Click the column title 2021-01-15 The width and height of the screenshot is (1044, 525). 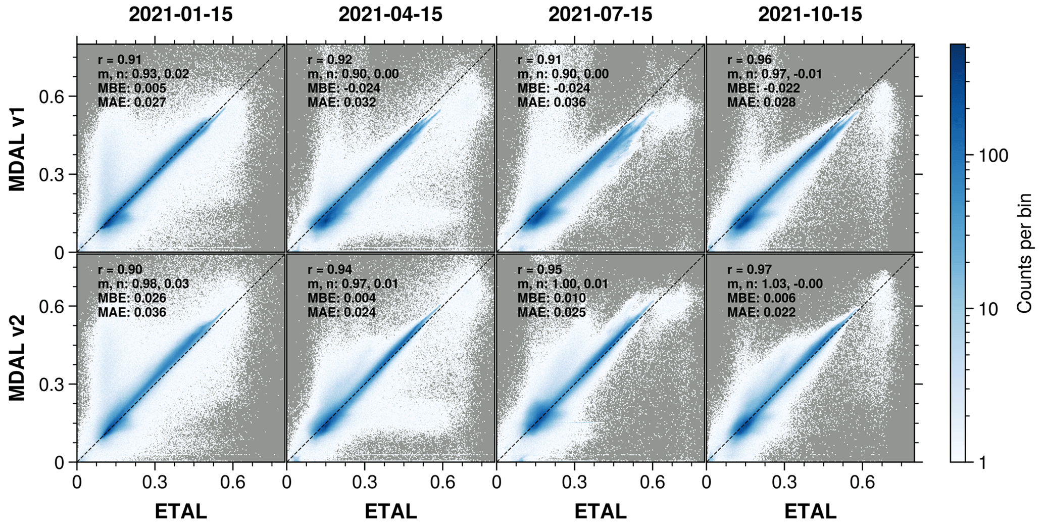181,15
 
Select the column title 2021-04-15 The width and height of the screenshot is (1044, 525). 390,15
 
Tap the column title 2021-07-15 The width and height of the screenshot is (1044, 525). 600,15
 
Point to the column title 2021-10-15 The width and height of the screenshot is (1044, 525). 810,15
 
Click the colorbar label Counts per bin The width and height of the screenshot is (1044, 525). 1024,253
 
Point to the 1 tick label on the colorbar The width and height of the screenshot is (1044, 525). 982,462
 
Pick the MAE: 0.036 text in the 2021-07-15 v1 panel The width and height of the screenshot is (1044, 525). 552,103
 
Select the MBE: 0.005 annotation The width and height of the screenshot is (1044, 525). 132,88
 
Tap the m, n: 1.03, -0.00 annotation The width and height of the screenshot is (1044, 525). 775,284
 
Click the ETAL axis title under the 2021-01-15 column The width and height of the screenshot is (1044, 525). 181,511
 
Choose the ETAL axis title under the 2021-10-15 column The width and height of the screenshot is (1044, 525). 810,511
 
